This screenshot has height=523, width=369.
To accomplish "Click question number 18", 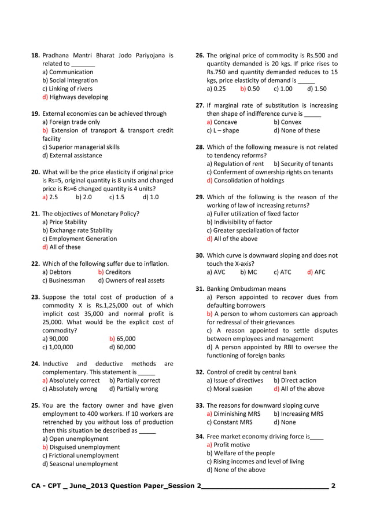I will tap(35, 56).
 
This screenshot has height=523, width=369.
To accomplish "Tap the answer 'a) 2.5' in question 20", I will tap(50, 197).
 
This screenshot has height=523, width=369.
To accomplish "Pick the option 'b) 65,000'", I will tap(122, 339).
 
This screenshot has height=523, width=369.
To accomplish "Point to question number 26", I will tap(200, 56).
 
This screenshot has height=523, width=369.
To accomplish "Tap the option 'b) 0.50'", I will tap(250, 89).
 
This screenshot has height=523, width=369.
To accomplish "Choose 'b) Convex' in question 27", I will tap(287, 122).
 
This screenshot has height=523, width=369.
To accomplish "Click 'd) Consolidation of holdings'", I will tap(245, 180).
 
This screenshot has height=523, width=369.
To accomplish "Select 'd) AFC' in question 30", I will tap(316, 272).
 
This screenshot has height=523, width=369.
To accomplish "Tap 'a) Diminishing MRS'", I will tap(234, 414).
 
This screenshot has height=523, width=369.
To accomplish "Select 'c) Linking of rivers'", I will tap(67, 89).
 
